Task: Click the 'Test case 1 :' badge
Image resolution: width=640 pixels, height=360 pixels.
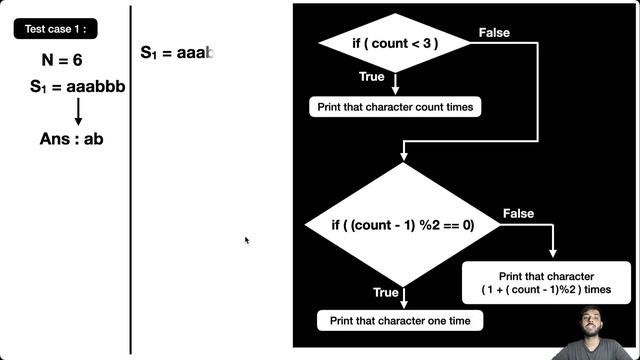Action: (55, 30)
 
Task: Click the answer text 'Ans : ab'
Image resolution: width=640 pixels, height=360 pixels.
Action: (71, 138)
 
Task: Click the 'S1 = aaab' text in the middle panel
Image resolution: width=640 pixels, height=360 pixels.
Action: (177, 52)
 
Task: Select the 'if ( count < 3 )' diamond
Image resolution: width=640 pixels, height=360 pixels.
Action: (393, 43)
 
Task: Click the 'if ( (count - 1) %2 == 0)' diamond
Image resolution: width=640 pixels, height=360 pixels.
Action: (402, 225)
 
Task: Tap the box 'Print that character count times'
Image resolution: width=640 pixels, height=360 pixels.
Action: (395, 106)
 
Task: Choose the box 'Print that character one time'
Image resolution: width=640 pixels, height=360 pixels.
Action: (400, 321)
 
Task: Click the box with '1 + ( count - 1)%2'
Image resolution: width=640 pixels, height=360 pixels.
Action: (546, 282)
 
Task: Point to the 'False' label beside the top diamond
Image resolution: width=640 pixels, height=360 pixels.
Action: (494, 33)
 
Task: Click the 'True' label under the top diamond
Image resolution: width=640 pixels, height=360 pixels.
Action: (371, 77)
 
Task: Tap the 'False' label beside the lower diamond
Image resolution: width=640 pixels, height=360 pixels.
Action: (518, 214)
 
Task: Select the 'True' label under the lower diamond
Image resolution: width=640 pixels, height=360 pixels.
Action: (386, 293)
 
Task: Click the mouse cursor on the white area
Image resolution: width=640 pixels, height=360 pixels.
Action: (247, 240)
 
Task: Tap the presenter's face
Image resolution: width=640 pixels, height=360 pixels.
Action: (596, 326)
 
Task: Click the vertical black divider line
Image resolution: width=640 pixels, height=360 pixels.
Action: (131, 180)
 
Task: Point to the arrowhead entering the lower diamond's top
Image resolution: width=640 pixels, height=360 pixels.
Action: (403, 156)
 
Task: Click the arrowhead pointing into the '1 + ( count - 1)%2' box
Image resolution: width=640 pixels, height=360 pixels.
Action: (552, 254)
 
